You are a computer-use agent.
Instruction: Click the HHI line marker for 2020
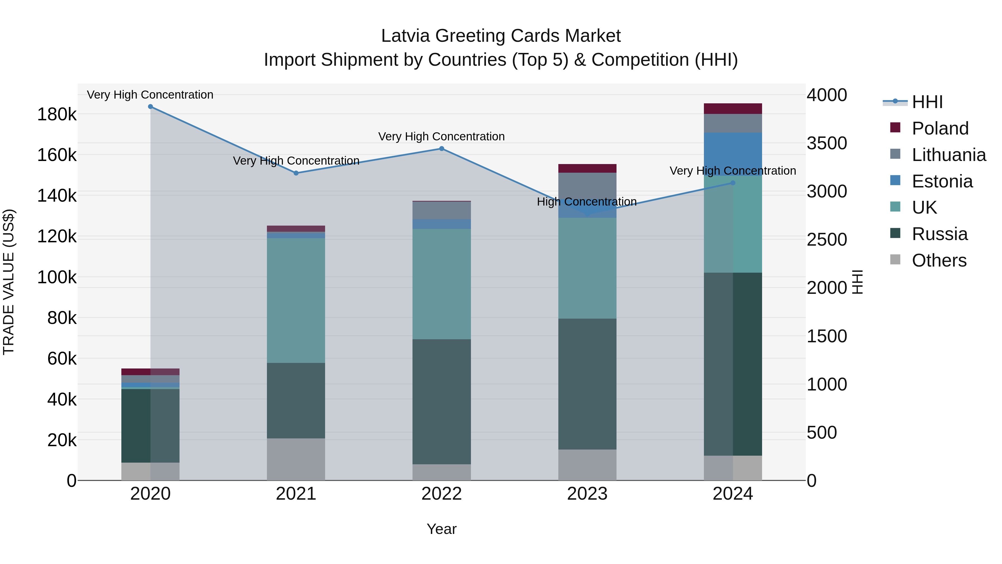(x=151, y=107)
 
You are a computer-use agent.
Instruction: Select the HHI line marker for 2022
(x=441, y=149)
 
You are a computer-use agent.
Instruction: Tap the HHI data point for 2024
(x=733, y=183)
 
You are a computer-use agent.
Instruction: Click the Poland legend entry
(x=940, y=128)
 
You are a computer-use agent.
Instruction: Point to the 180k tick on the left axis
(x=57, y=114)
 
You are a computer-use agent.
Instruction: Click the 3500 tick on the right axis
(x=827, y=143)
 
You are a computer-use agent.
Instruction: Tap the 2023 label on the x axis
(x=587, y=494)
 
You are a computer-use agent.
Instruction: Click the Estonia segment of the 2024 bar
(x=733, y=154)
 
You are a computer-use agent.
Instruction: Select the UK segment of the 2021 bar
(x=296, y=301)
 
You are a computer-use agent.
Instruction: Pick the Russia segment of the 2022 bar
(x=441, y=401)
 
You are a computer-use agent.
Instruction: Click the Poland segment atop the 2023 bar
(x=587, y=168)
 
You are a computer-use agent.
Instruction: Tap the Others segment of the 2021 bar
(x=296, y=459)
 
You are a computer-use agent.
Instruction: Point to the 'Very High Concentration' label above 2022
(x=441, y=137)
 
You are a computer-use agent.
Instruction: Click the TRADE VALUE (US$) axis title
(x=9, y=282)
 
